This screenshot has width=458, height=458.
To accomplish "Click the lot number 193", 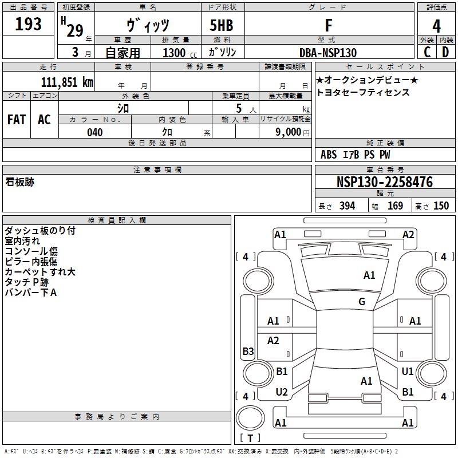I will (x=28, y=24).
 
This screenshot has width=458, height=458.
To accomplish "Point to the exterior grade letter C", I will (x=427, y=52).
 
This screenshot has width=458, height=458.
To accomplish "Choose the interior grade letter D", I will (x=445, y=52).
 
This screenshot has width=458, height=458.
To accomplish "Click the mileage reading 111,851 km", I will (x=67, y=82).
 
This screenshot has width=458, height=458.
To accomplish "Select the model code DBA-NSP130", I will (x=328, y=53).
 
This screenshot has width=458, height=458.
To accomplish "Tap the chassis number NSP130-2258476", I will (x=385, y=183).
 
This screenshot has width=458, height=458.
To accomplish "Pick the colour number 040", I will (x=94, y=132).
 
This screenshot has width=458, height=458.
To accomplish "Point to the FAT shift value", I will (x=17, y=120).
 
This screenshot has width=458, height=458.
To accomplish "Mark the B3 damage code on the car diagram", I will (x=248, y=352).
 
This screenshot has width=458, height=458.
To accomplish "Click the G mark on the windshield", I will (x=362, y=302).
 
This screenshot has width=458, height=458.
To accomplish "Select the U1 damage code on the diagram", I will (x=408, y=372).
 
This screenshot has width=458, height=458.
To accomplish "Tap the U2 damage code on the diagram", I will (x=282, y=392).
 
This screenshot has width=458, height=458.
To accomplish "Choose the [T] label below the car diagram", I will (x=250, y=438).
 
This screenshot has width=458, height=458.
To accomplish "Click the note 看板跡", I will (x=20, y=183).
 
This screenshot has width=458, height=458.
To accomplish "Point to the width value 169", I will (x=395, y=206).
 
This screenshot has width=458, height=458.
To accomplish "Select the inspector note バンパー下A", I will (x=30, y=293).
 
